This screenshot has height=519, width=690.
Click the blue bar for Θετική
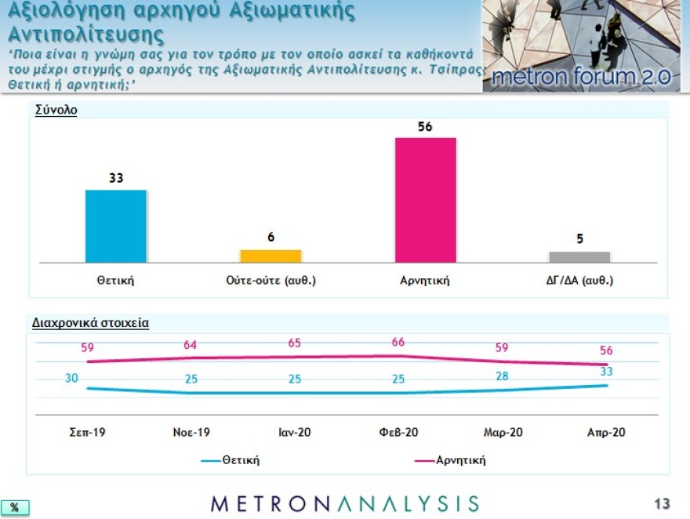coord(115,226)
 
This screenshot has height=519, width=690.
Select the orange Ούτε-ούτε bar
coord(271,256)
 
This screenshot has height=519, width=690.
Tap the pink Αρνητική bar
coord(426,200)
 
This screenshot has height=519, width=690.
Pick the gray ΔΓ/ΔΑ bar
coord(579,257)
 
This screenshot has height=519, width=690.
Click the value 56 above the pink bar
coord(426,125)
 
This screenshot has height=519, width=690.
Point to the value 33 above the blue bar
coord(116,178)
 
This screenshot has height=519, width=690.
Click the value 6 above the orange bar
coord(271,237)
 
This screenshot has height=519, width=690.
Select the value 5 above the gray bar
coord(580,239)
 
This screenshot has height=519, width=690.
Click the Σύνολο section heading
coord(56,111)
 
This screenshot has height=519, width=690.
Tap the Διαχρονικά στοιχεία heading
coord(90,322)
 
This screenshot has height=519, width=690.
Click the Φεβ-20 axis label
coord(398,432)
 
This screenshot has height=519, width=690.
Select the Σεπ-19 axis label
coord(88,432)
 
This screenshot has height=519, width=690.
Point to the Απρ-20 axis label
coord(606,432)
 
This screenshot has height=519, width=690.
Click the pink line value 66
coord(398,342)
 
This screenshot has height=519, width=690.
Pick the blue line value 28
coord(502,376)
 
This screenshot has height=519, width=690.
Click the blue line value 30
coord(71,378)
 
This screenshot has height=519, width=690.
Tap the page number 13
coord(662,503)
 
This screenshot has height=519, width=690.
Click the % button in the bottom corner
coord(14,507)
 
